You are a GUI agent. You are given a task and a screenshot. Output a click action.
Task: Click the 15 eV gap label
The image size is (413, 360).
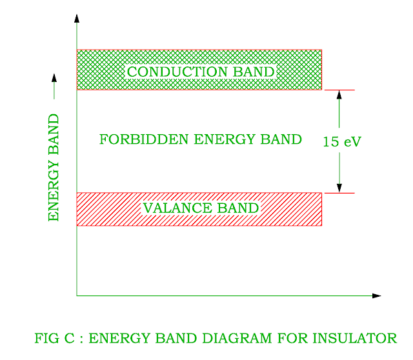341,142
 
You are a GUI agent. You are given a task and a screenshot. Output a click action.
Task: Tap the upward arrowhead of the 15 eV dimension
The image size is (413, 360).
339,94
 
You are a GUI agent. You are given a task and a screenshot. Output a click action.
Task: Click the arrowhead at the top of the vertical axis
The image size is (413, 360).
77,17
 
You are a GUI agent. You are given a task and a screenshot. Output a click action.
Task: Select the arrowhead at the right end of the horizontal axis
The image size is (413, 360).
377,296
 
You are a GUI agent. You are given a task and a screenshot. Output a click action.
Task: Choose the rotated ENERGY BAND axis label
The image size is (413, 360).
54,168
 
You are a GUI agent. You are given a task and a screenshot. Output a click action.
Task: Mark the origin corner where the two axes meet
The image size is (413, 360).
77,296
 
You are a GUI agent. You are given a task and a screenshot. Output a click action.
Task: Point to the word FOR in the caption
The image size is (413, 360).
294,338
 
